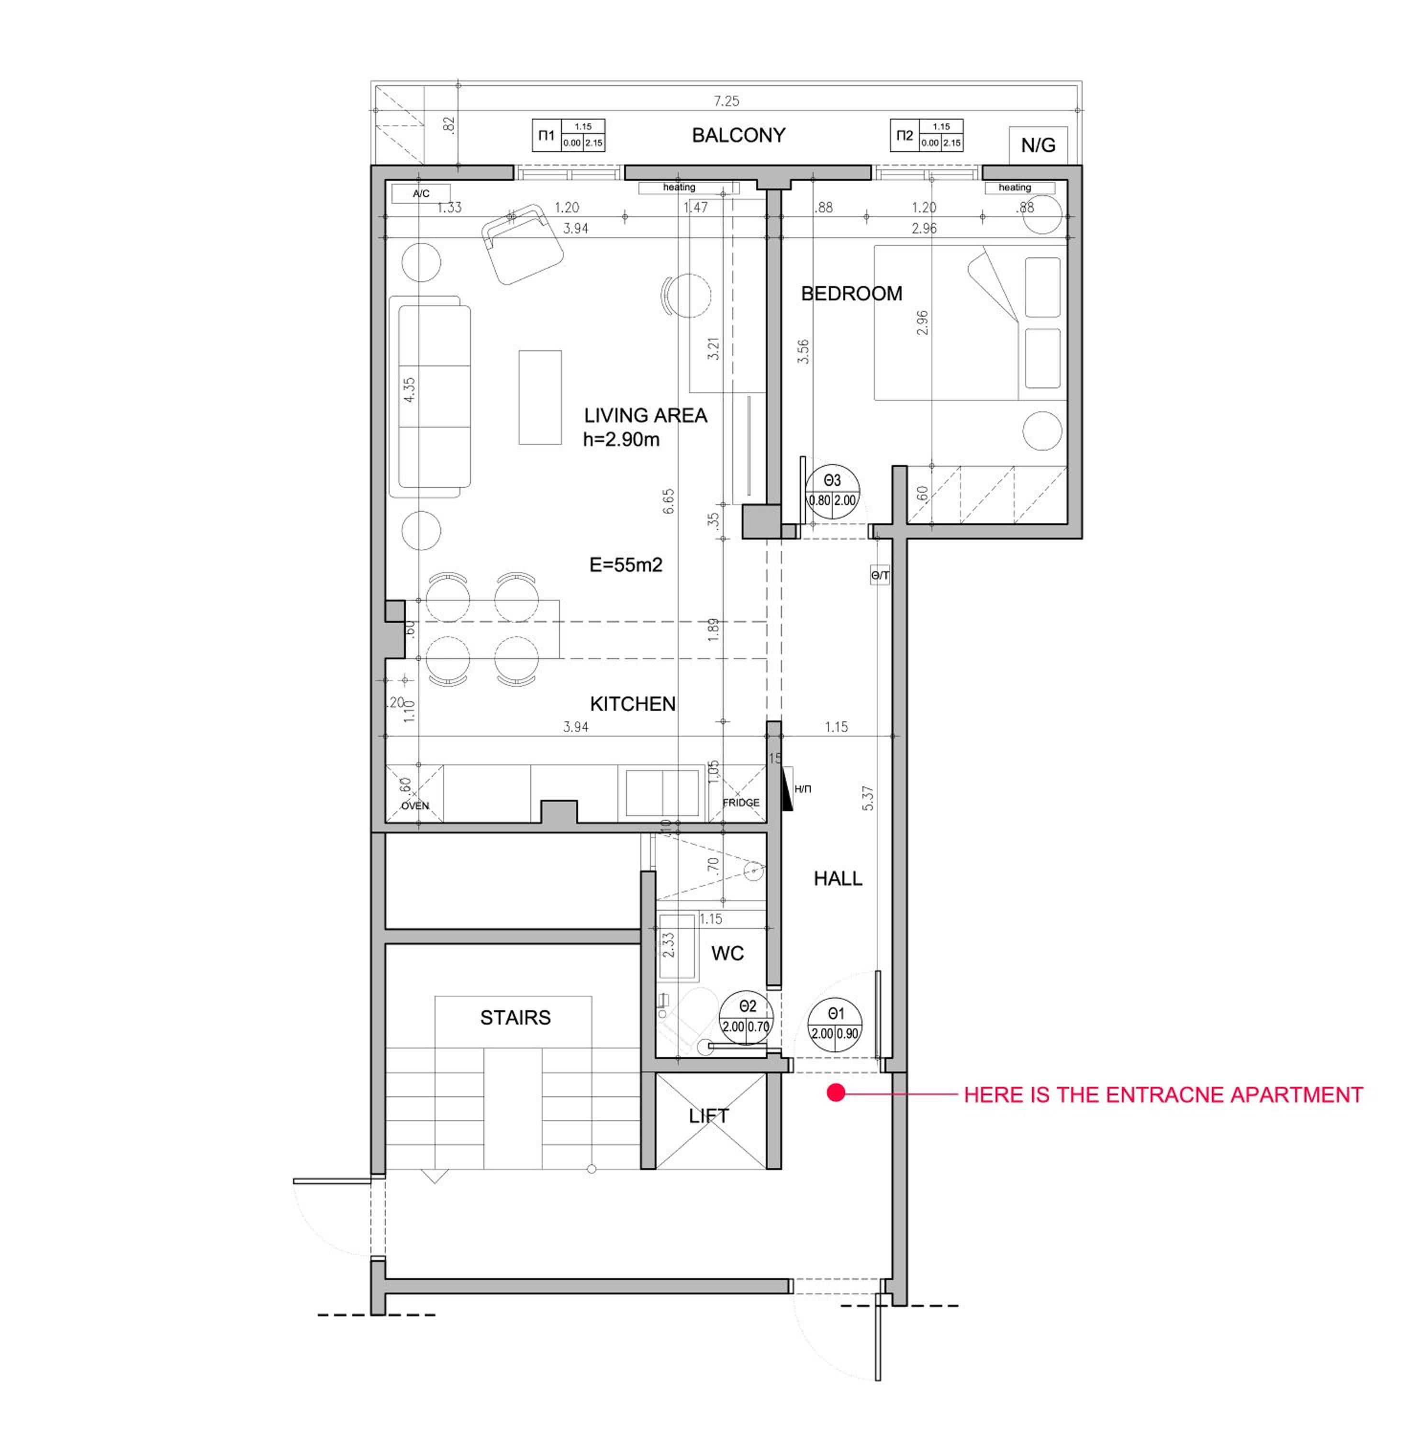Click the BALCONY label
[738, 135]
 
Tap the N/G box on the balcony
[1038, 145]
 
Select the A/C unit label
[421, 194]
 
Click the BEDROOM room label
[852, 294]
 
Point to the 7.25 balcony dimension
[727, 100]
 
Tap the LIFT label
[709, 1115]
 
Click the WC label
[727, 953]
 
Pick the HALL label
[838, 878]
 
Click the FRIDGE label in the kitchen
[741, 803]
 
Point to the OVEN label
[415, 806]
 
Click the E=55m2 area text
[626, 565]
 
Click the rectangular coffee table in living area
[539, 397]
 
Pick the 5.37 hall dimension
[869, 798]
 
